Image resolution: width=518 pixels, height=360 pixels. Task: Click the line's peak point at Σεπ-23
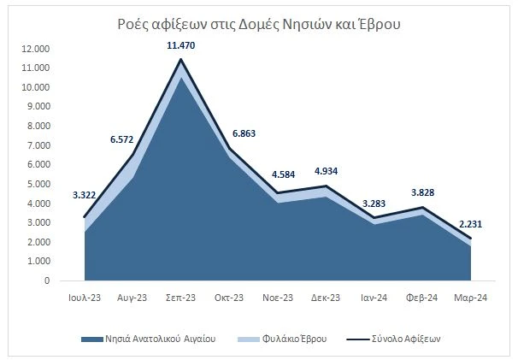tap(181, 59)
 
